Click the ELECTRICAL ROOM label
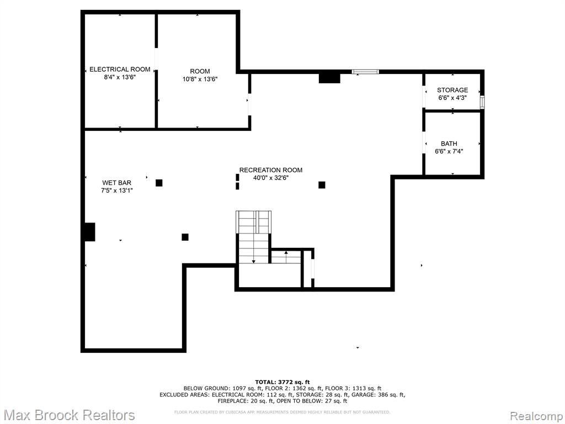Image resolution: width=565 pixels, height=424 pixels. (120, 69)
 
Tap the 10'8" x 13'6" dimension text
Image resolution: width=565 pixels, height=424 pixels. (200, 79)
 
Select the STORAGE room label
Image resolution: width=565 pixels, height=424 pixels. (452, 90)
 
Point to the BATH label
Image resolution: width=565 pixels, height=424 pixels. (449, 144)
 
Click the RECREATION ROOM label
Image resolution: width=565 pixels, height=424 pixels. (271, 170)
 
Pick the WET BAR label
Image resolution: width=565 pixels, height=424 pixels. (117, 183)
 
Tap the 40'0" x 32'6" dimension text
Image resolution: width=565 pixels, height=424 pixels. (271, 178)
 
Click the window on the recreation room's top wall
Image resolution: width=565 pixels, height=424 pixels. (365, 72)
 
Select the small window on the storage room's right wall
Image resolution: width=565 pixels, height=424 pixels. (482, 102)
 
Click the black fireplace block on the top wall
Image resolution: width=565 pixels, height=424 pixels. (329, 78)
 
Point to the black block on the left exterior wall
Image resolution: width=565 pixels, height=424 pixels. (90, 232)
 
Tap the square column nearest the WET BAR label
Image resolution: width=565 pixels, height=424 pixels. (159, 183)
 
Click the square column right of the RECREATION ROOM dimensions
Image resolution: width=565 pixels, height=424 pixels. (322, 185)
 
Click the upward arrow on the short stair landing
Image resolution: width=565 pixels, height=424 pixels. (286, 257)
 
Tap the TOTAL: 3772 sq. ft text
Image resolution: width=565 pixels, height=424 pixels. (282, 382)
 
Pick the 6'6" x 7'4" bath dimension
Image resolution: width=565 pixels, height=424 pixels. (449, 151)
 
